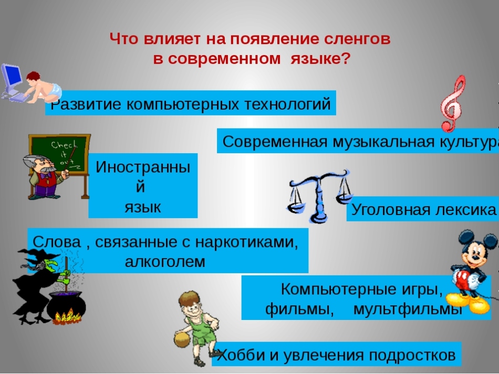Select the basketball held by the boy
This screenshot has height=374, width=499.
pos(182,339)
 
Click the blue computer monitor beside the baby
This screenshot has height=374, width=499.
pos(12,79)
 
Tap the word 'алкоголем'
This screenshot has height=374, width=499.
pos(165,262)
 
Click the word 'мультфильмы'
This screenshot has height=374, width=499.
pos(408,308)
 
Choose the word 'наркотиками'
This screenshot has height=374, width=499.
pos(247,242)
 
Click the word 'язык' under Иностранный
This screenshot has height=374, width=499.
pos(143,207)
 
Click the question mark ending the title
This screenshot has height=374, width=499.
pos(346,58)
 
